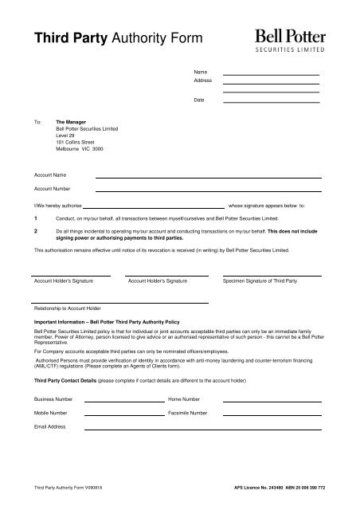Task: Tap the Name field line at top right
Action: pyautogui.click(x=271, y=74)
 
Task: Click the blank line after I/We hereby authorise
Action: pyautogui.click(x=160, y=206)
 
